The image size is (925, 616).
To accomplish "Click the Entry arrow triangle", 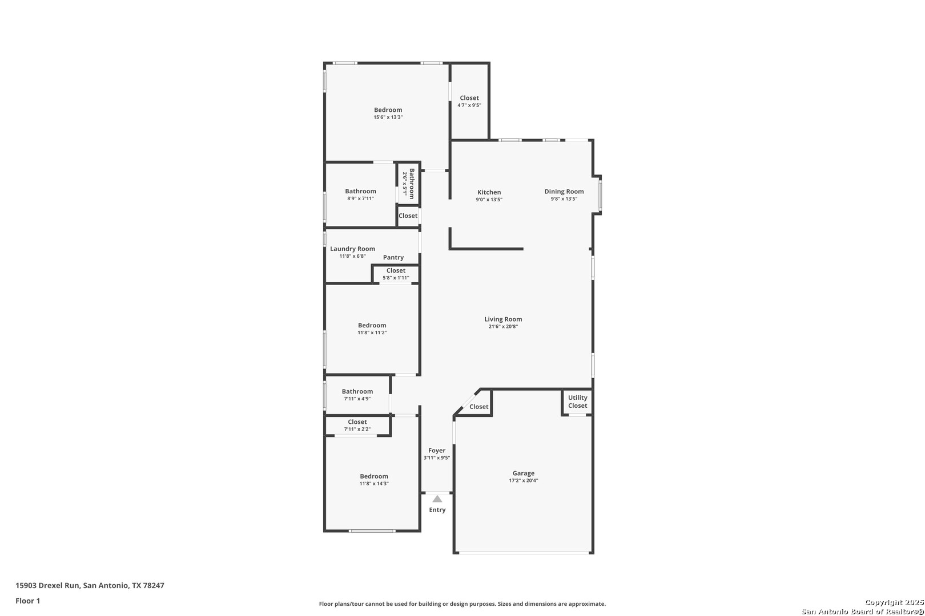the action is [437, 499].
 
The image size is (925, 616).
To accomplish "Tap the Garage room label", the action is [524, 473].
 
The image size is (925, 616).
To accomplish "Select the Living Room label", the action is [503, 319].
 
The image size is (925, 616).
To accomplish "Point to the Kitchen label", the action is [489, 192].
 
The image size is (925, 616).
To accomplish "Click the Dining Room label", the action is [564, 192].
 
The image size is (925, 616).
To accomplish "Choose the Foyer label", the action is [437, 451].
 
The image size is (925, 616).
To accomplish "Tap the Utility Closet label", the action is [577, 402].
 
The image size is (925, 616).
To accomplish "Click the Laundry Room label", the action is [353, 249].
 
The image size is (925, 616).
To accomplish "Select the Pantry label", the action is [393, 257].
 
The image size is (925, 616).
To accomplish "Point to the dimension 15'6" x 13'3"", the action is [388, 117].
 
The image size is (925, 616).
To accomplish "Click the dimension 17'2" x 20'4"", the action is [524, 481].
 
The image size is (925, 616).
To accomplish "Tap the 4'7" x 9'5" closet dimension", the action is [469, 105].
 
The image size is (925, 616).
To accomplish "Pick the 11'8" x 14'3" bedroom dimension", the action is [374, 484].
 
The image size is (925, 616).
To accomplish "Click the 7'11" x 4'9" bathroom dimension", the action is [357, 399].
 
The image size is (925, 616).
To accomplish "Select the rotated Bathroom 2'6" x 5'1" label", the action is [408, 184].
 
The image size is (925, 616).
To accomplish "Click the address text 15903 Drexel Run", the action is [47, 585].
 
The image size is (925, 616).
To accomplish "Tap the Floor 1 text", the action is [27, 601].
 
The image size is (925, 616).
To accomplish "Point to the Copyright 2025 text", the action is [894, 603].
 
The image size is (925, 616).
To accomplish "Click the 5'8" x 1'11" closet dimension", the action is [396, 278].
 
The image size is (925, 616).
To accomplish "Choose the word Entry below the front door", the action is [437, 510].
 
